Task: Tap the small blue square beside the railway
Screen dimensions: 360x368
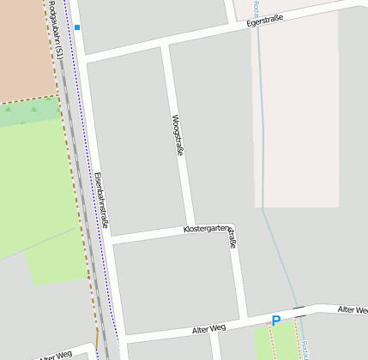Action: (77, 27)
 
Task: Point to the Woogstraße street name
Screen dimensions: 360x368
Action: (178, 135)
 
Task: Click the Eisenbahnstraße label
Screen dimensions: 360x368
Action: (101, 197)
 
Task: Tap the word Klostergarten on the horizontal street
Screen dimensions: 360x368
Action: (207, 229)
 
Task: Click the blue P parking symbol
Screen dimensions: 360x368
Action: (275, 321)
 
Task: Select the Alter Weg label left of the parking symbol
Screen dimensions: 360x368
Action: (208, 328)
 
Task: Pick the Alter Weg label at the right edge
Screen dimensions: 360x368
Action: (353, 309)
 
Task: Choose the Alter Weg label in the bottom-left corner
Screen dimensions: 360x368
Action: (56, 353)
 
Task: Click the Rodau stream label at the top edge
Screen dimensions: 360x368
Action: (256, 9)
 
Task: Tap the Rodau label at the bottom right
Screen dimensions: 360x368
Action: (305, 350)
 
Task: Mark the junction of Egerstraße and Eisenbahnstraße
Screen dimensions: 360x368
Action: (86, 57)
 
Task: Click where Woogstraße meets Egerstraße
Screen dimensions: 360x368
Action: (164, 44)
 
